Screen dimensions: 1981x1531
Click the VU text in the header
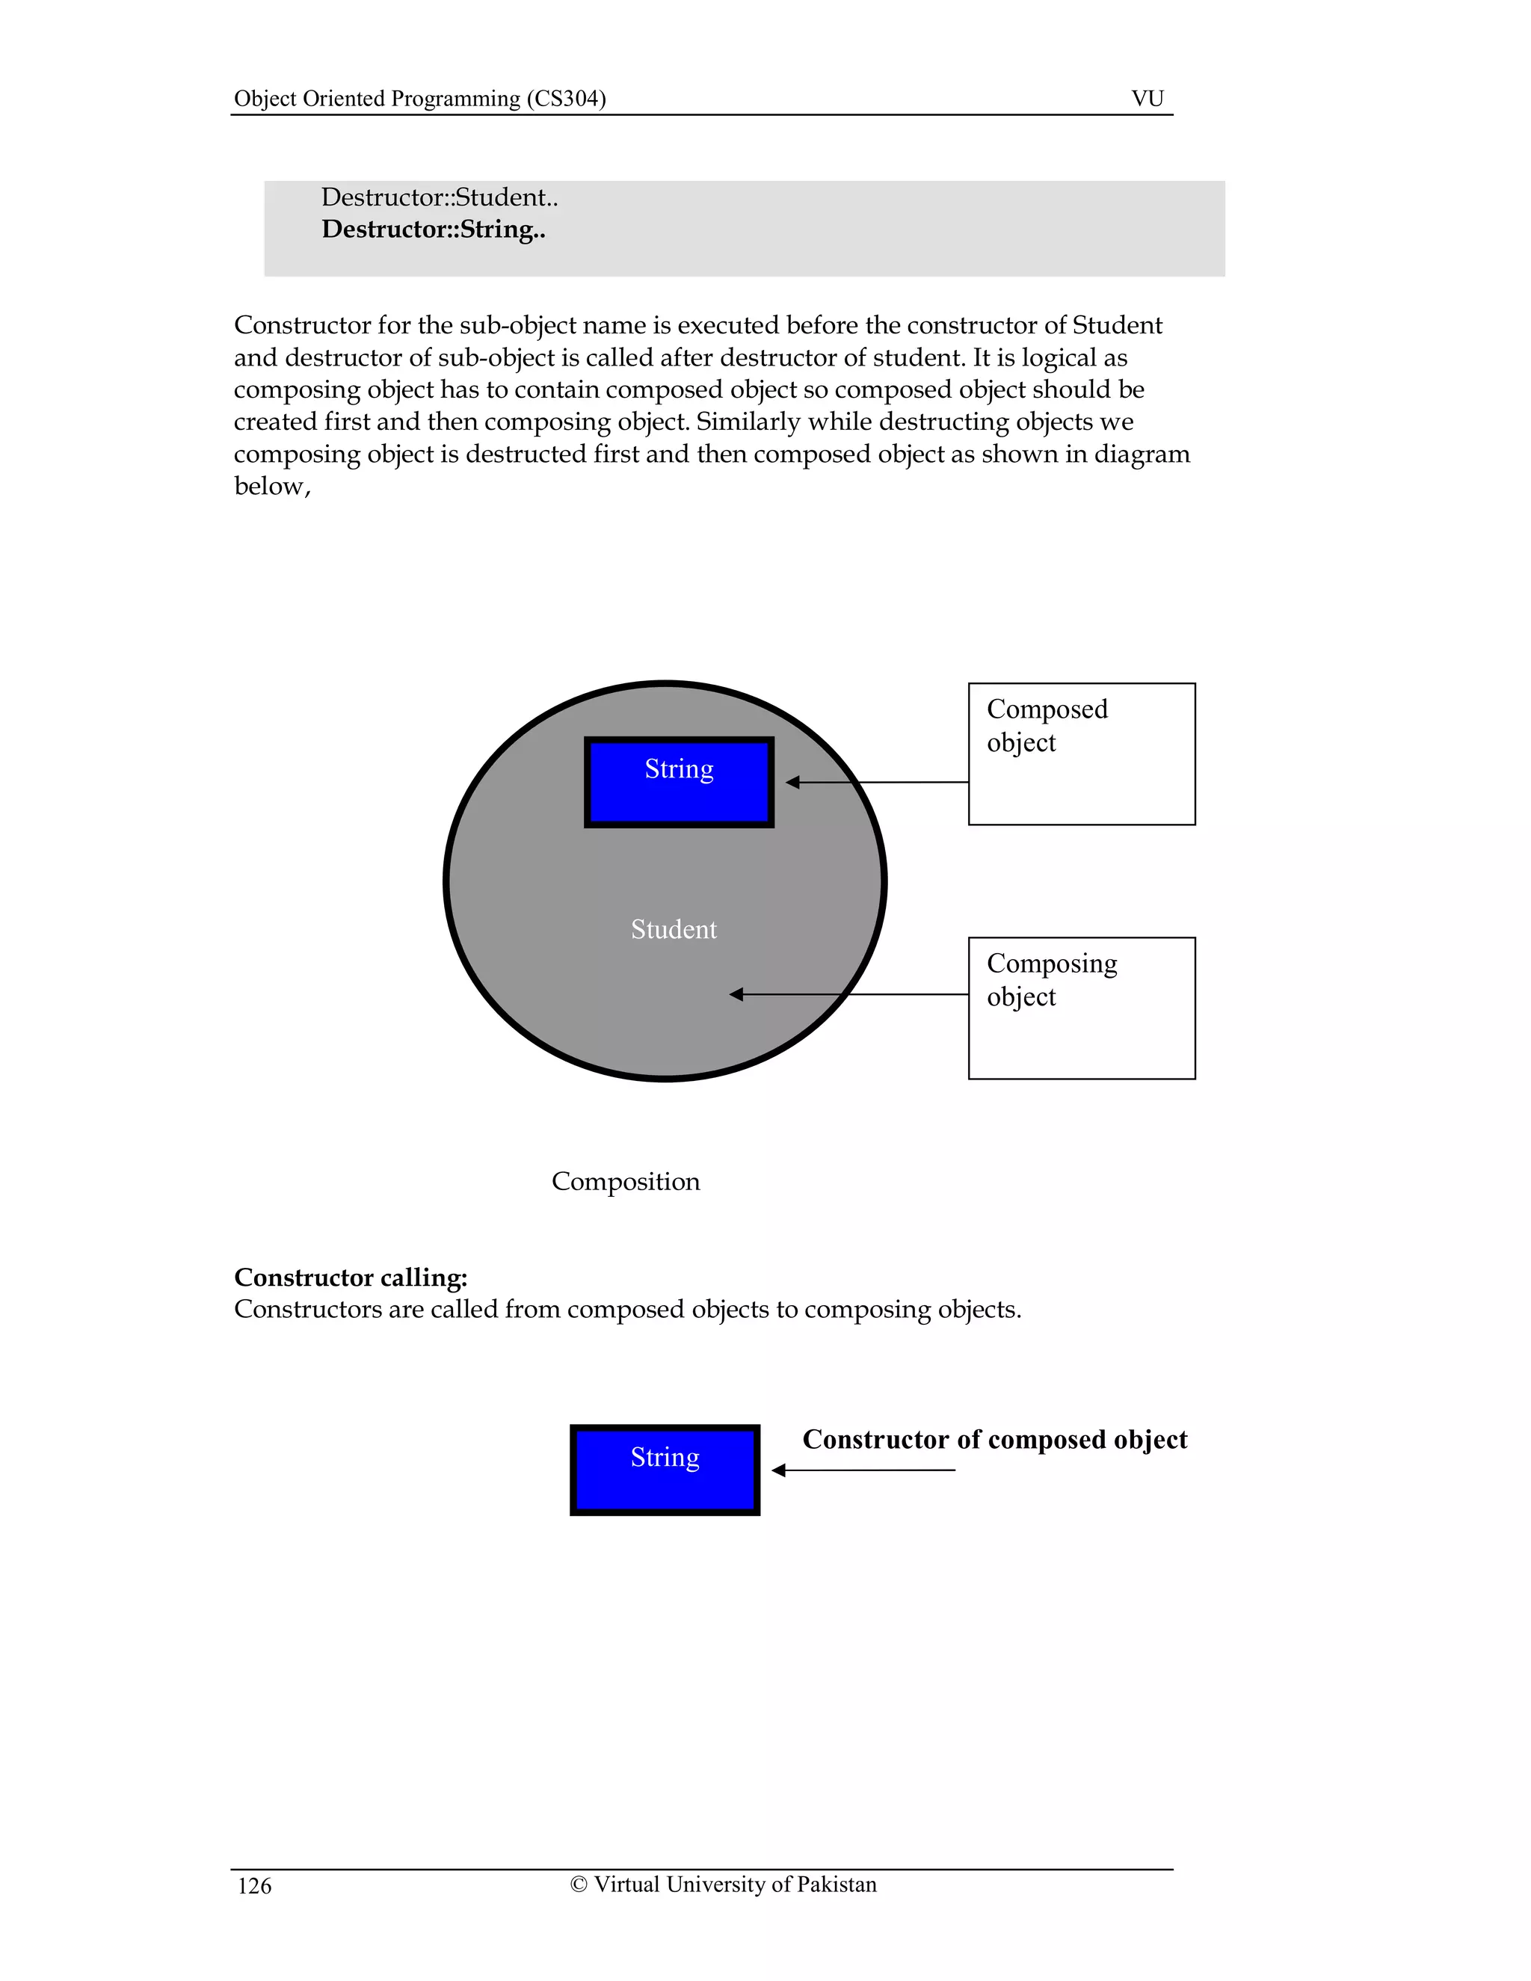pyautogui.click(x=1147, y=98)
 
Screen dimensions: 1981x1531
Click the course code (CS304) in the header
pyautogui.click(x=566, y=98)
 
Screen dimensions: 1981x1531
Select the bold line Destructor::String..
pyautogui.click(x=434, y=229)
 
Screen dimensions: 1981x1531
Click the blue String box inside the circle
pyautogui.click(x=679, y=781)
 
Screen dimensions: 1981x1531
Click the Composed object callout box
pyautogui.click(x=1081, y=753)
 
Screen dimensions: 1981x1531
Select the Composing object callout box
pyautogui.click(x=1081, y=1008)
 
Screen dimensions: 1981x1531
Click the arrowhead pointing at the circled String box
pyautogui.click(x=792, y=782)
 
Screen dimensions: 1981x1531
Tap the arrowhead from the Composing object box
pyautogui.click(x=736, y=994)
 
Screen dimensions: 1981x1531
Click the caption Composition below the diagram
pyautogui.click(x=626, y=1181)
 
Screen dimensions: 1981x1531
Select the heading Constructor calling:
pyautogui.click(x=350, y=1277)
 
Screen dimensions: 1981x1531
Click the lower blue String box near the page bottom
pyautogui.click(x=665, y=1470)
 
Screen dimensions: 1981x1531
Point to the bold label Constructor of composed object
pyautogui.click(x=994, y=1440)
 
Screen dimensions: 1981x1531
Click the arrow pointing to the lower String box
pyautogui.click(x=778, y=1470)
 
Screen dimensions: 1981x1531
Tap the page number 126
pyautogui.click(x=254, y=1887)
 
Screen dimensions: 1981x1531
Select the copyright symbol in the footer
pyautogui.click(x=579, y=1885)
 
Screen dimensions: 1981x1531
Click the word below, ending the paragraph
pyautogui.click(x=271, y=486)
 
